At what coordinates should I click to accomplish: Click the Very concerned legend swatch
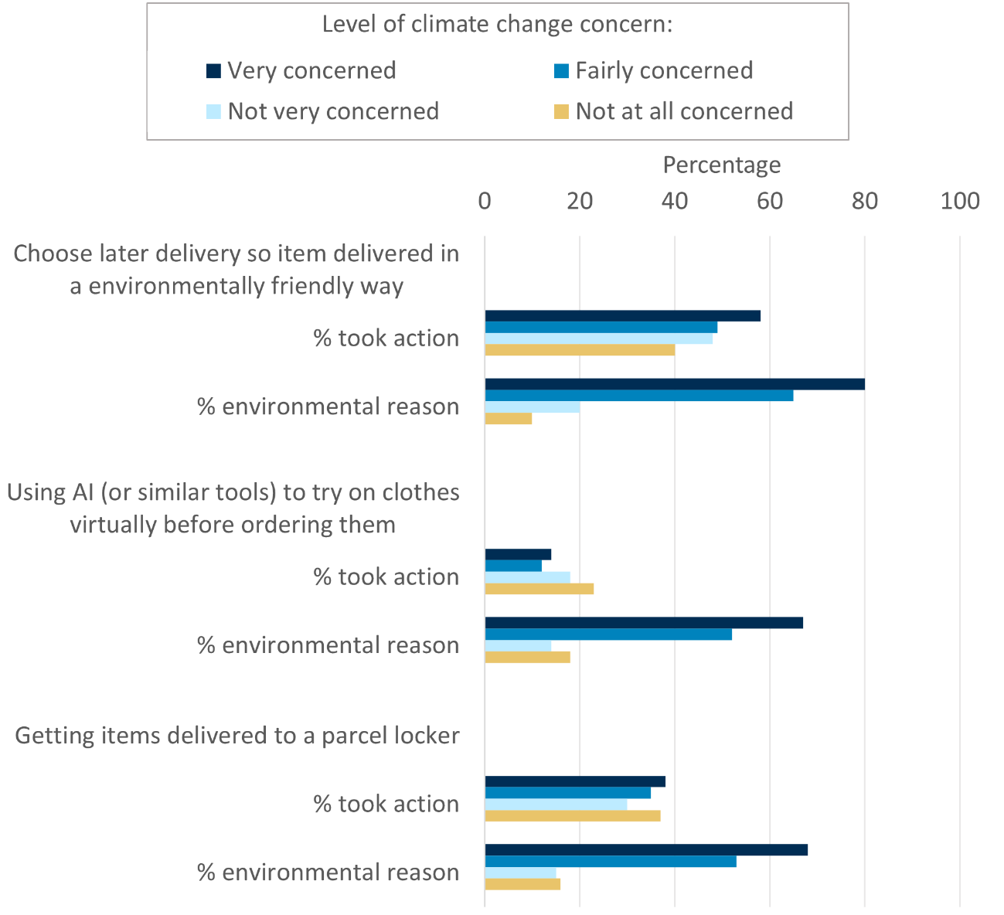(x=213, y=71)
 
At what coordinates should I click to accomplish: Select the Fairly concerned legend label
(x=664, y=71)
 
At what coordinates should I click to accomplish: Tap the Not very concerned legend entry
(x=333, y=111)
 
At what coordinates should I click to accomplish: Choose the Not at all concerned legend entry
(x=684, y=111)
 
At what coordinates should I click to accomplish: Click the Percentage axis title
(x=722, y=165)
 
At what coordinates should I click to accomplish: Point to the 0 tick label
(x=485, y=202)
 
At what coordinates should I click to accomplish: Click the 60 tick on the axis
(x=770, y=202)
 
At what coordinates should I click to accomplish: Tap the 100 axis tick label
(x=960, y=202)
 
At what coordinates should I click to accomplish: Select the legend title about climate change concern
(x=498, y=24)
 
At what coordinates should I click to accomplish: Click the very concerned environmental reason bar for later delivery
(x=674, y=384)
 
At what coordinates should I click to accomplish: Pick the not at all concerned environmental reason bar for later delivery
(x=508, y=418)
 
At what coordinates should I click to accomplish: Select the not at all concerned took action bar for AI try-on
(x=539, y=589)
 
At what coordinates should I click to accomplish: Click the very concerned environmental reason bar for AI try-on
(x=643, y=623)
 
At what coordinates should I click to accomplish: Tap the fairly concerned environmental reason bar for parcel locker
(x=610, y=862)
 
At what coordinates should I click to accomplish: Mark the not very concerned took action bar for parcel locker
(x=555, y=804)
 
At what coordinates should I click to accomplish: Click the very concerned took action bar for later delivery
(x=622, y=315)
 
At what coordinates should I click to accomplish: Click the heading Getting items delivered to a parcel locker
(x=237, y=735)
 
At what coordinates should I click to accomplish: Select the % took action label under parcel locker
(x=386, y=804)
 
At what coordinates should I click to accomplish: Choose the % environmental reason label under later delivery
(x=328, y=406)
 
